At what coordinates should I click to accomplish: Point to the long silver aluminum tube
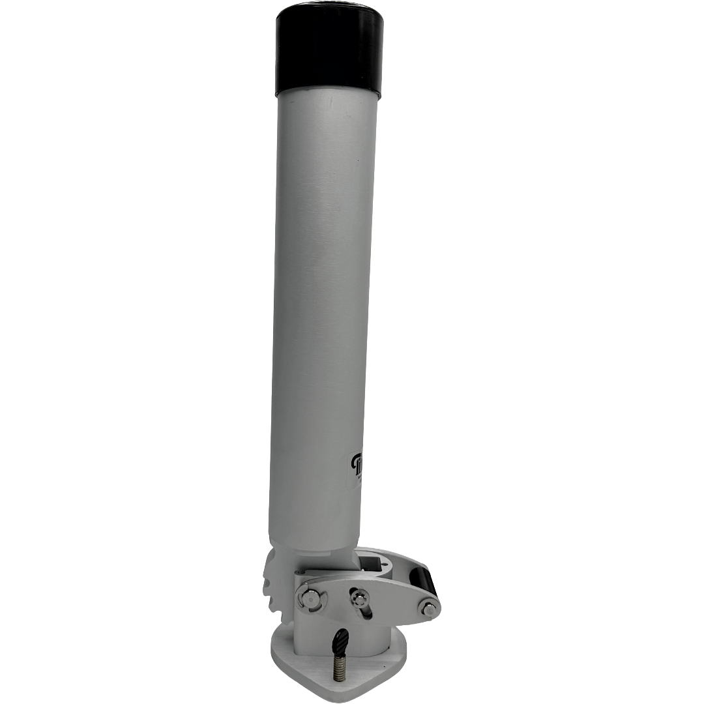pyautogui.click(x=323, y=293)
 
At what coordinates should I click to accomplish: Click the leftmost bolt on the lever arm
pyautogui.click(x=312, y=599)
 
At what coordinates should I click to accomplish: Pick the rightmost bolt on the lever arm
pyautogui.click(x=428, y=609)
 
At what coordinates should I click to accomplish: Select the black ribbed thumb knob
pyautogui.click(x=340, y=643)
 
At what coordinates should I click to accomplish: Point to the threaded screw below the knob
pyautogui.click(x=338, y=669)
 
